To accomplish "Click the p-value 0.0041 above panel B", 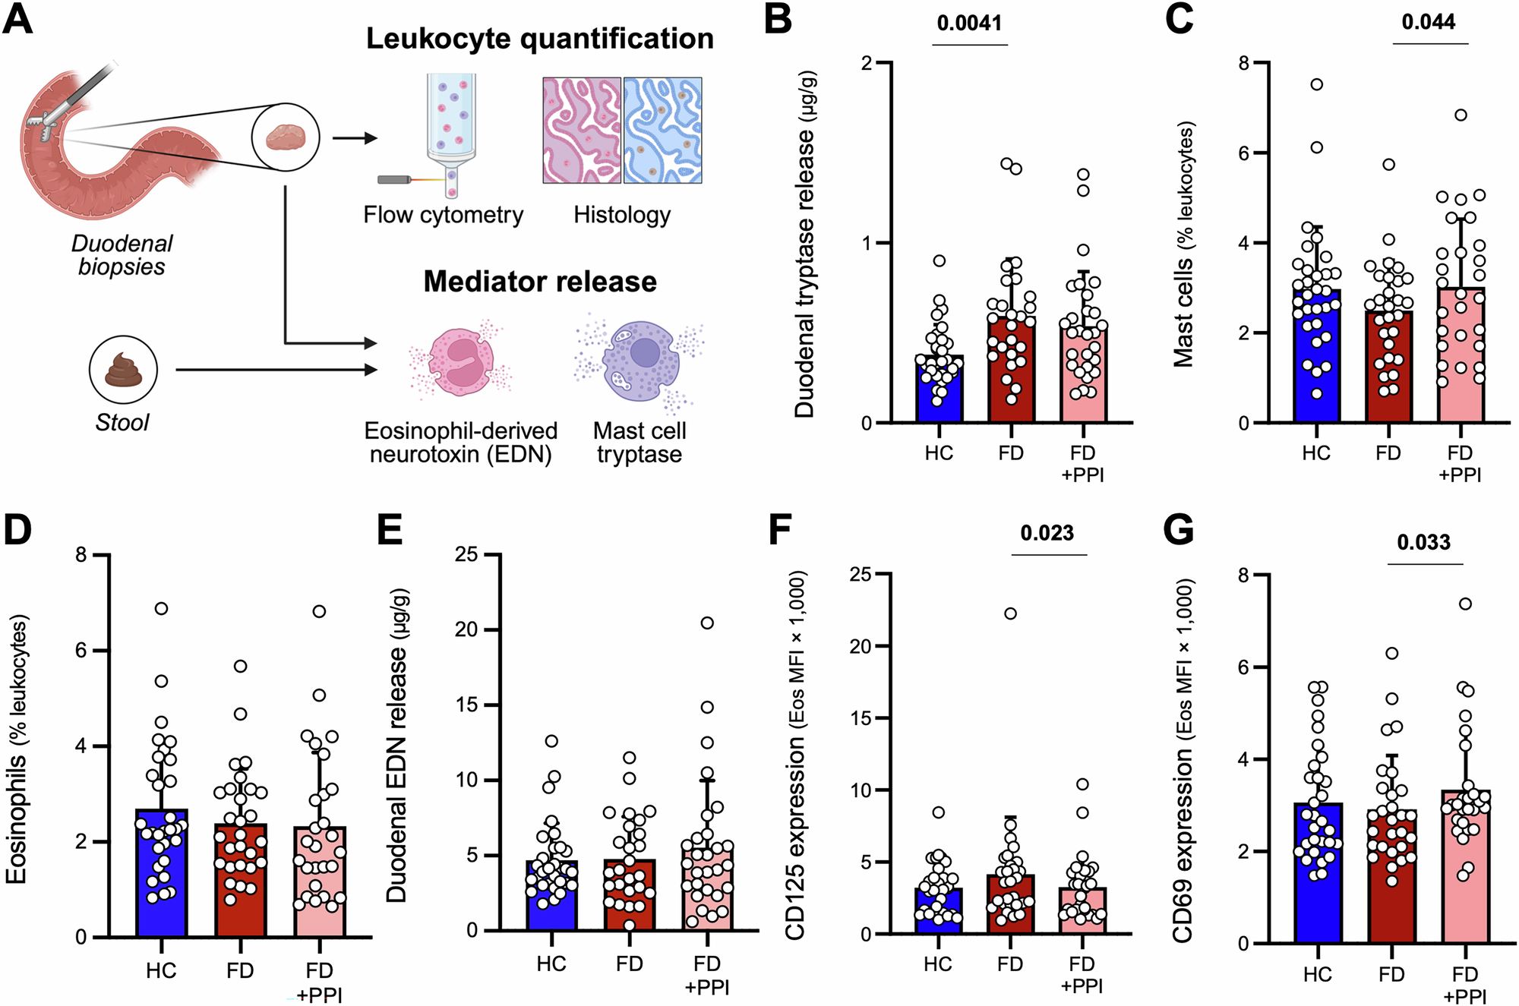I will coord(969,23).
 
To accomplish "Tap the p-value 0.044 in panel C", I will coord(1428,21).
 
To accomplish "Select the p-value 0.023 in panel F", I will coord(1047,533).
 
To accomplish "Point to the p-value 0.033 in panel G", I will coord(1423,542).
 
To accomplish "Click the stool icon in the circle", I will coord(123,370).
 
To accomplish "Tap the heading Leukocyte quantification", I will coord(539,39).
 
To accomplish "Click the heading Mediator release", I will coord(539,282).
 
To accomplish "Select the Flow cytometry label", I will coord(443,215).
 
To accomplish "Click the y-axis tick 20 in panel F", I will coord(861,646).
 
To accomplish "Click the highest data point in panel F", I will coord(1010,613).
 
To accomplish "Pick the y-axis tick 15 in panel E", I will coord(466,705).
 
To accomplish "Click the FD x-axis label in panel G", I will coord(1391,974).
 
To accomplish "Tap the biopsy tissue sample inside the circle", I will coord(286,137).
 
